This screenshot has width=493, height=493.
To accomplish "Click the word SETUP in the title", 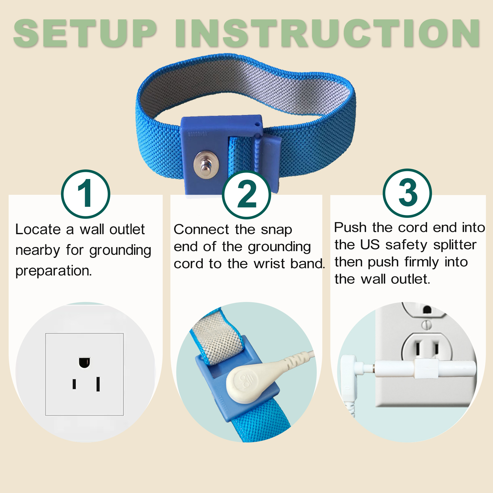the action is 85,33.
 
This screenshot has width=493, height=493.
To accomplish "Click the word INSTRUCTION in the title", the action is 328,33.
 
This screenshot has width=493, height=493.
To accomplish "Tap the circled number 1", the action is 86,194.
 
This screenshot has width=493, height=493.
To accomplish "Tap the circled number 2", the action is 246,194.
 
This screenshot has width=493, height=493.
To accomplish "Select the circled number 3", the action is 407,193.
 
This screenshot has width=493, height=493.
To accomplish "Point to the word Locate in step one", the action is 38,229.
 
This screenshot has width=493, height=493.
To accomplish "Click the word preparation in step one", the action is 54,271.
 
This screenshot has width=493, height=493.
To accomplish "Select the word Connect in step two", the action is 201,230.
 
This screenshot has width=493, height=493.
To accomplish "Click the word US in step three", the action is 370,245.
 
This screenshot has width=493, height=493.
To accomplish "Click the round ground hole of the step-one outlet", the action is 84,363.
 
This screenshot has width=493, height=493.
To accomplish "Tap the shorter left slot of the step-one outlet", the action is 74,384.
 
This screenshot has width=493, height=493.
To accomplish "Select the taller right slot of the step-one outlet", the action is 98,384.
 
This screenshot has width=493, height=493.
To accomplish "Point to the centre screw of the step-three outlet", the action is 426,325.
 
